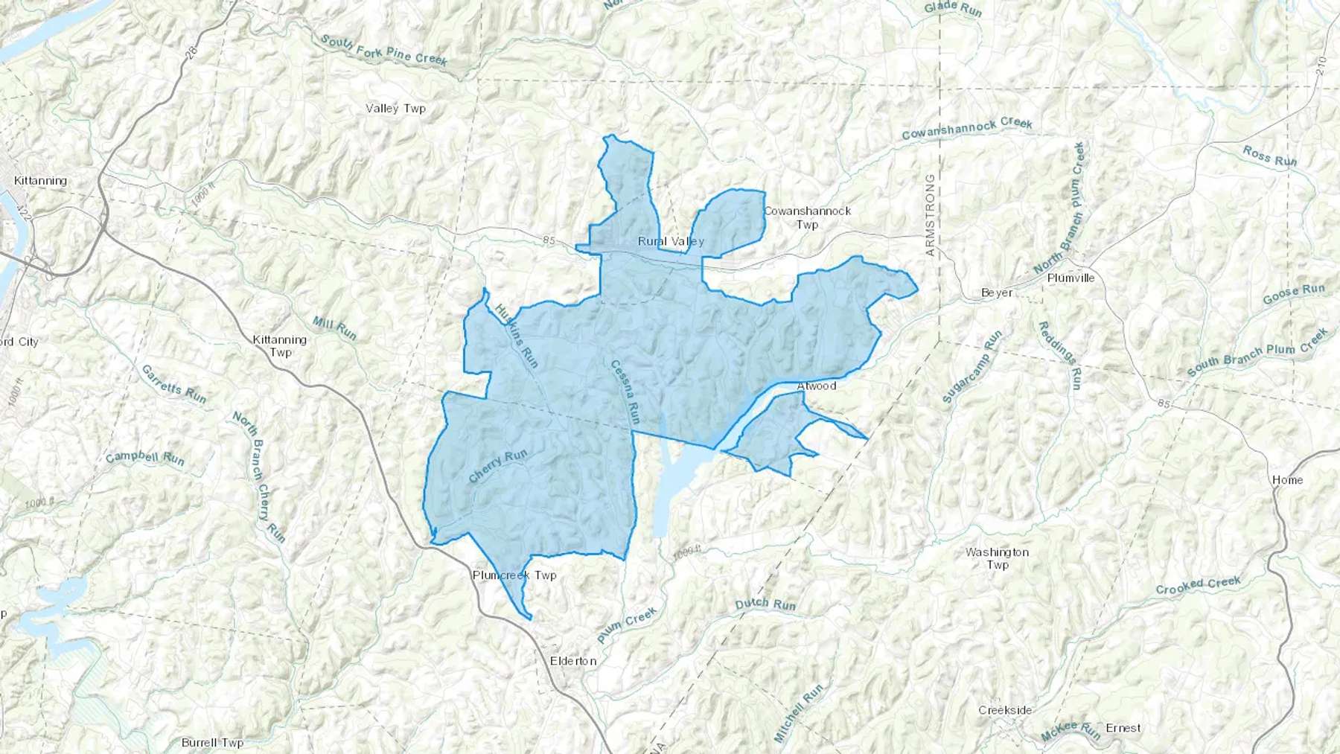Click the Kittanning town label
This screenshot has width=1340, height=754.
40,181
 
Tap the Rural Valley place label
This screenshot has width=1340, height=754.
671,241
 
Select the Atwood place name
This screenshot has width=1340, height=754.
817,386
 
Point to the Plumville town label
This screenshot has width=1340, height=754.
1071,278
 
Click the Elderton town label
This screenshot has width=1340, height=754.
573,661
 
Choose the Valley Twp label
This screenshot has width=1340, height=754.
395,109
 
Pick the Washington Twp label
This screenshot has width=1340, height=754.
997,558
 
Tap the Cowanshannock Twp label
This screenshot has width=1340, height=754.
808,217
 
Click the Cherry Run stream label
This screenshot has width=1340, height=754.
498,467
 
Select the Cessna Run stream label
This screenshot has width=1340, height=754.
625,392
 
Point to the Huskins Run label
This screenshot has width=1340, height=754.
516,335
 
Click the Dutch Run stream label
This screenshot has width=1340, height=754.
765,604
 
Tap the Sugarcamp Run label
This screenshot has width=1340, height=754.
972,366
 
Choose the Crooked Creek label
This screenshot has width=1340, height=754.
1198,585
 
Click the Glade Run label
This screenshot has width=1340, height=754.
953,9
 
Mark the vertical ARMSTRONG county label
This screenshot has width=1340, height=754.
930,216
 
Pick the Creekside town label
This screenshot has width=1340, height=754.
1005,710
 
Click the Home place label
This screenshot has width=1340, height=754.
1287,480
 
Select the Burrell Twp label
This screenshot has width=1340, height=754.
212,742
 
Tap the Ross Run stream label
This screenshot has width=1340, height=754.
1269,156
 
